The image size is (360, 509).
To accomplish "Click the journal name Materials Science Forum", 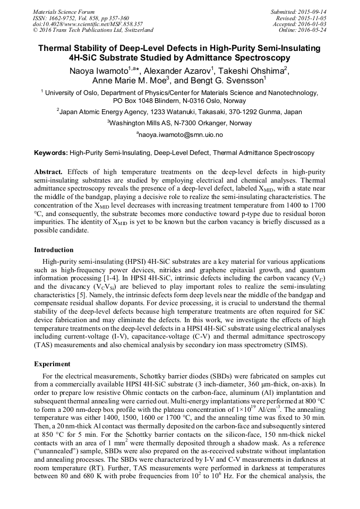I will coord(63,11).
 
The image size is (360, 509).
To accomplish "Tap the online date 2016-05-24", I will coord(315,30).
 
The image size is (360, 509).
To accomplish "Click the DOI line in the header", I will coord(87,24).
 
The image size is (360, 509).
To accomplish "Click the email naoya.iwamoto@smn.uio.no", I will coord(181,135).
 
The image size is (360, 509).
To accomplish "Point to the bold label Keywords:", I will coord(51,153).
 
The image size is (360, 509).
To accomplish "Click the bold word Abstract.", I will coord(48,172).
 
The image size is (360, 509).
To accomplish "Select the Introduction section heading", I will coord(54,249).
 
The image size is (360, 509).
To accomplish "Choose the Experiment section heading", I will coord(52,364).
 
